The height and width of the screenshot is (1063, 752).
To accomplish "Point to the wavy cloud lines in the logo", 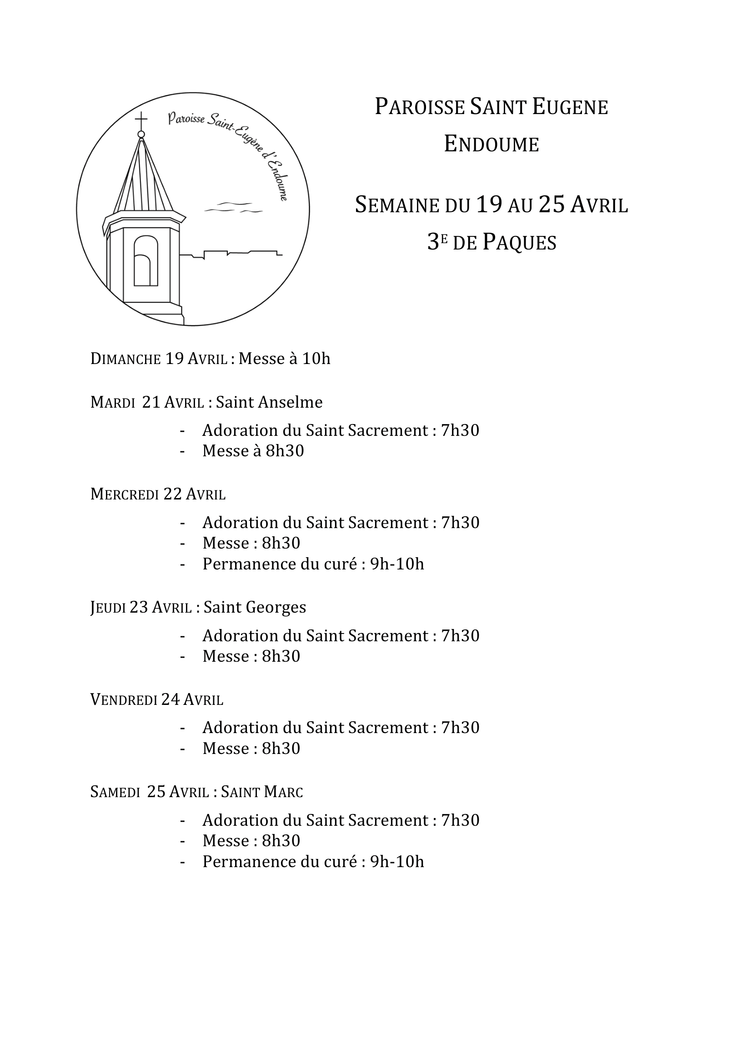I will click(233, 207).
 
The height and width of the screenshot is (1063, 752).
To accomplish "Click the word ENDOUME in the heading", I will click(491, 144).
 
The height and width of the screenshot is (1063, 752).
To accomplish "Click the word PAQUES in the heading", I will click(519, 242).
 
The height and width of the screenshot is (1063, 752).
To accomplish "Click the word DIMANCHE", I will click(125, 359).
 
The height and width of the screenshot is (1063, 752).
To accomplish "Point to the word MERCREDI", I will click(125, 494).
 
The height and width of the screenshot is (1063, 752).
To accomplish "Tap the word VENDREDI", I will click(124, 699).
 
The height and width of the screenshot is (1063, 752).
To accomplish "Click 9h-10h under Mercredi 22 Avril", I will click(397, 564).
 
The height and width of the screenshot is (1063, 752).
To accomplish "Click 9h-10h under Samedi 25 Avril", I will click(397, 862).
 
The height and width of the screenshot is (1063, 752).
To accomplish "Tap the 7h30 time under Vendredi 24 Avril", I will click(460, 728).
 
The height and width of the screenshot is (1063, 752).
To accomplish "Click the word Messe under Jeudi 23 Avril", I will click(226, 656).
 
